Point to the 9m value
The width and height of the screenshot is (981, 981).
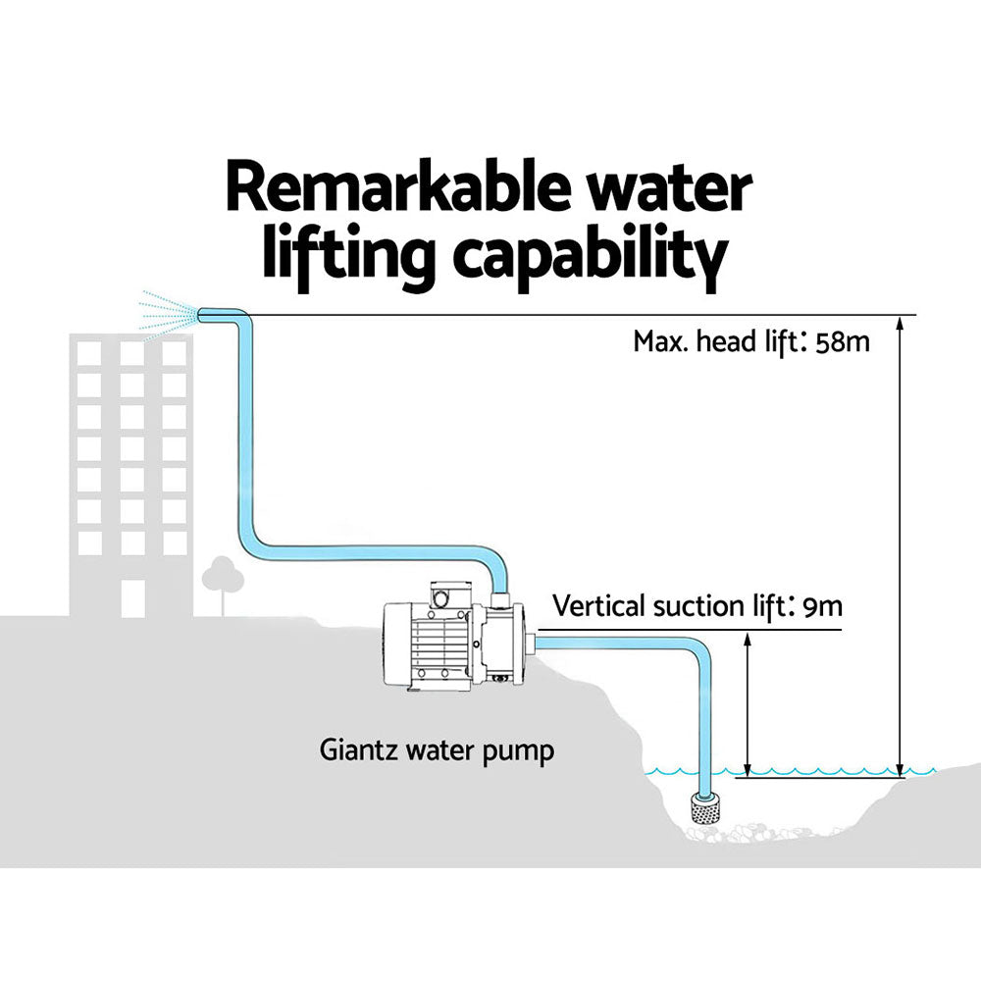pyautogui.click(x=821, y=606)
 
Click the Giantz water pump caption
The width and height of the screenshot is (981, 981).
pyautogui.click(x=438, y=751)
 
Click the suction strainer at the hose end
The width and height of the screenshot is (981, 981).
pyautogui.click(x=705, y=807)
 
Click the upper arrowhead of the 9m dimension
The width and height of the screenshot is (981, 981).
pyautogui.click(x=748, y=639)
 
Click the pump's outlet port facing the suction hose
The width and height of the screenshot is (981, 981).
pyautogui.click(x=530, y=645)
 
